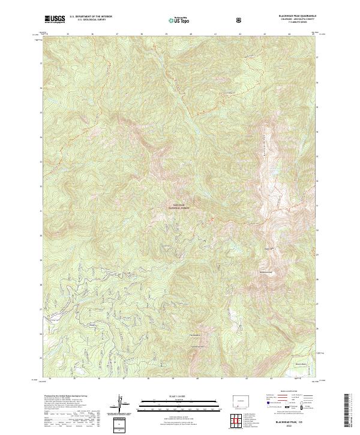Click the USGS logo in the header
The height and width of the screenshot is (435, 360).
pyautogui.click(x=55, y=20)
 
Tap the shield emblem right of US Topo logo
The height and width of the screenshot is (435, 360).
pyautogui.click(x=241, y=20)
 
